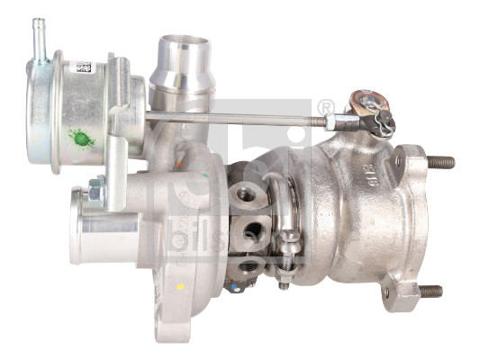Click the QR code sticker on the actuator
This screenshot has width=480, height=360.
coord(84,68)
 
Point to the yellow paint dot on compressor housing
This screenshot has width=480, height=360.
coord(180,286)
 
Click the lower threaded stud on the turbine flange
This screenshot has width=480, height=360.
coord(430,291)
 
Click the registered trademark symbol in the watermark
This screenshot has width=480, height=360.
coord(326,109)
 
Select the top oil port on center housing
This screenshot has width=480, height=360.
coord(243,193)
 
